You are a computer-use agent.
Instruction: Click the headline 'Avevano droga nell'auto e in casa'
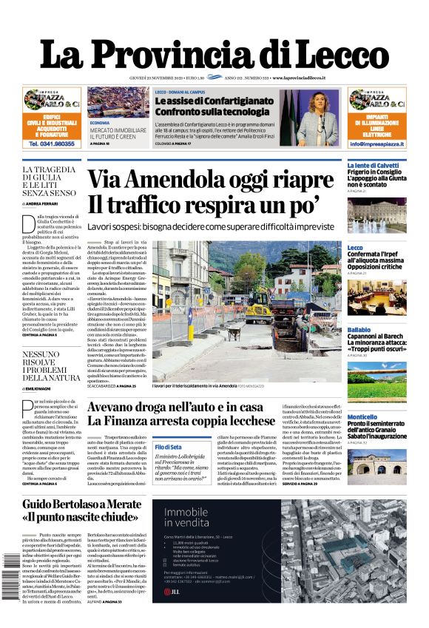(x=185, y=407)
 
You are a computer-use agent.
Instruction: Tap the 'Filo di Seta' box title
(x=168, y=447)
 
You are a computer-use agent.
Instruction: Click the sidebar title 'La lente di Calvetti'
(x=373, y=166)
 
